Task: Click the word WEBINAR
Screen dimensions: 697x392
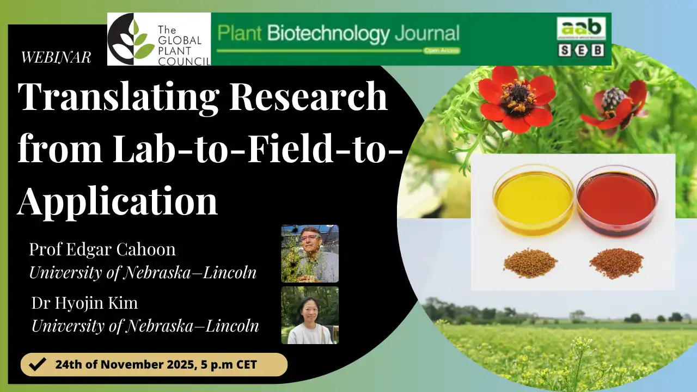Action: [56, 57]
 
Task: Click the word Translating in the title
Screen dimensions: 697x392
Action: [119, 97]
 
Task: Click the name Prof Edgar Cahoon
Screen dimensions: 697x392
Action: [102, 249]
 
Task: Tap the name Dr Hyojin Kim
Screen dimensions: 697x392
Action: [84, 303]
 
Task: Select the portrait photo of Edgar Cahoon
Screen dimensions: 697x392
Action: [310, 254]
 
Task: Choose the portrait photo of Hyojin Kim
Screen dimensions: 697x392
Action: [310, 315]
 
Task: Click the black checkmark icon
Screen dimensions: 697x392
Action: [37, 364]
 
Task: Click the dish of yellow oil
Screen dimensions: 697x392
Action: [533, 200]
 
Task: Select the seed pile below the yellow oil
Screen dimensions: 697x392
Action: [530, 263]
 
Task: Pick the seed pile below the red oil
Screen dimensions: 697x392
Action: [616, 263]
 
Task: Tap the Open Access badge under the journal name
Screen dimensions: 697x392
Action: [442, 51]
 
